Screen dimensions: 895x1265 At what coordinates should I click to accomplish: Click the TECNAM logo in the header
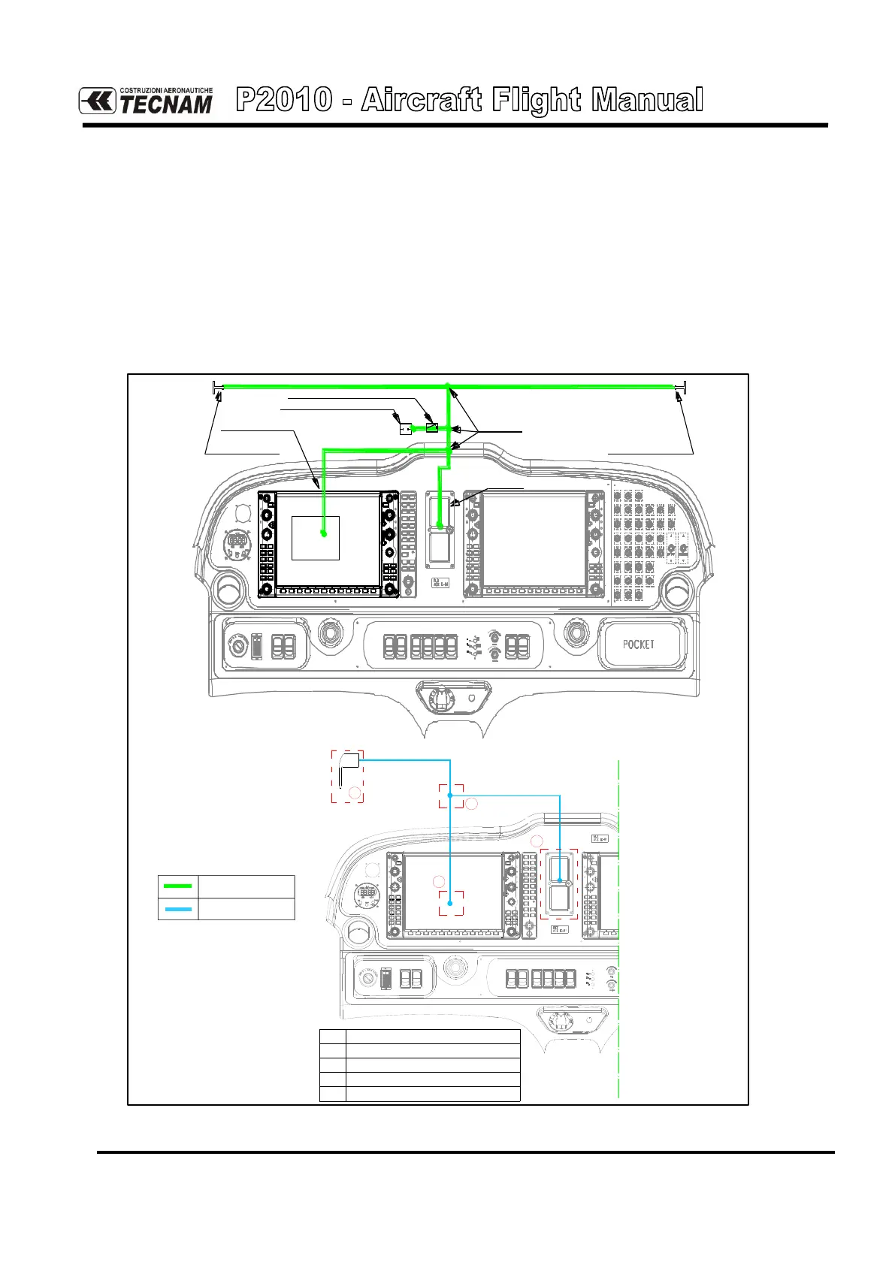[147, 101]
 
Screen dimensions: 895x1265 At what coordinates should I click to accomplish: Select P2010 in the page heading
[284, 100]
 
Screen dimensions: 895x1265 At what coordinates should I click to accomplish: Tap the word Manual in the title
[647, 100]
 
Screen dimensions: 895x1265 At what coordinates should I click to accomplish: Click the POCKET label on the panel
[638, 644]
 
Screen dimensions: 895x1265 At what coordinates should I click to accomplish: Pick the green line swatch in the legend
[177, 886]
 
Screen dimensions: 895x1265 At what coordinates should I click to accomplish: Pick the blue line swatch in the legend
[177, 909]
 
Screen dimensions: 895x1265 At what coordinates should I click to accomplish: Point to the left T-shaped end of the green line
[216, 387]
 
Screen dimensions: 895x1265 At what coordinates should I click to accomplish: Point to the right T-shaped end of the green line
[681, 387]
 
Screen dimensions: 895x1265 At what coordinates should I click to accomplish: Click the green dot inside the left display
[323, 533]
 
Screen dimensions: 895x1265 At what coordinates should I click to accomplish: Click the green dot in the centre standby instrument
[440, 530]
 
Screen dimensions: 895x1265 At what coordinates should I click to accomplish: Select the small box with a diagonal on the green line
[431, 427]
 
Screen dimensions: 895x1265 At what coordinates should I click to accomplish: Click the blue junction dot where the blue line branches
[449, 795]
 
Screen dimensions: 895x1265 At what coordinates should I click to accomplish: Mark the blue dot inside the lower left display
[449, 904]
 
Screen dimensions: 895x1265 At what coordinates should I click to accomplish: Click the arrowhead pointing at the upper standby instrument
[455, 505]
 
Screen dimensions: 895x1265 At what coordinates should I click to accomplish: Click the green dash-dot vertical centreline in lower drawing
[618, 977]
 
